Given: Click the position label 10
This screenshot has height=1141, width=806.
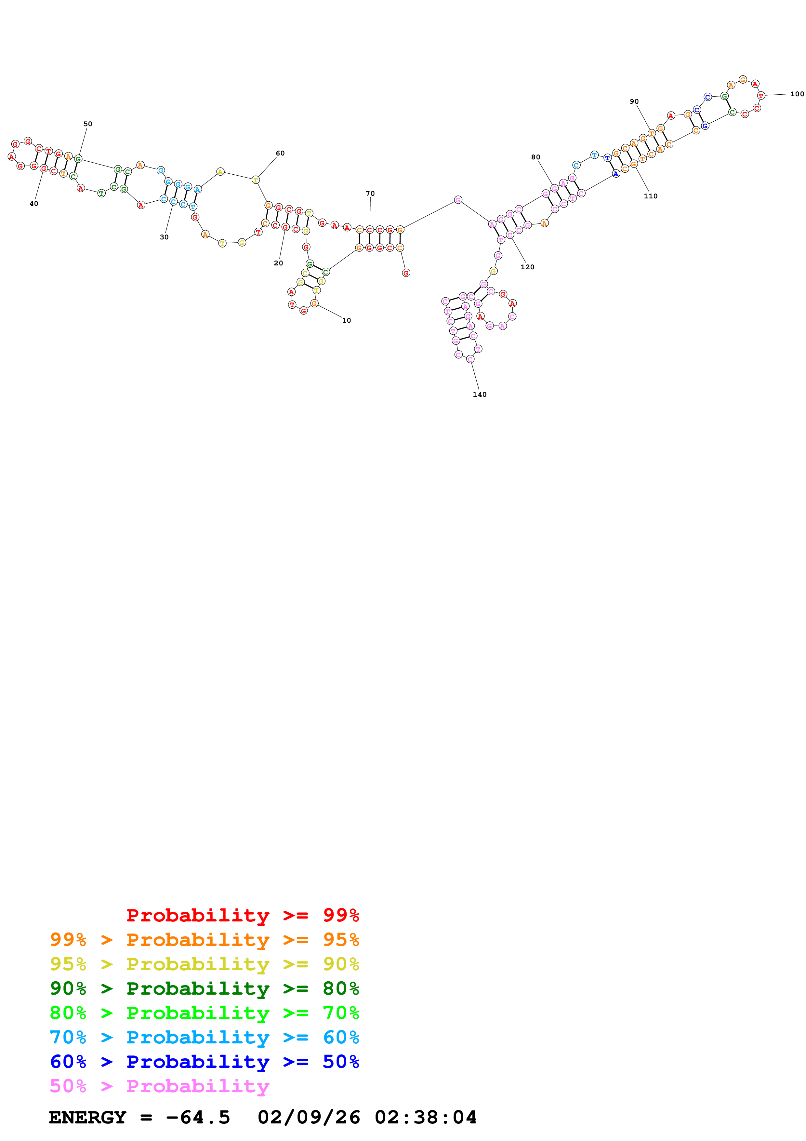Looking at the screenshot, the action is (x=346, y=320).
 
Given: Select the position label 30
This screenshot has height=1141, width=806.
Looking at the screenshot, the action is (x=164, y=237).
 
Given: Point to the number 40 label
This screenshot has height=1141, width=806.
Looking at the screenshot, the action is (x=34, y=204).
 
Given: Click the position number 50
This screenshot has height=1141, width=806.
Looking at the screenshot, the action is (x=87, y=124).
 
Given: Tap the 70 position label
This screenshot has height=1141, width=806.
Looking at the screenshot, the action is (x=370, y=194).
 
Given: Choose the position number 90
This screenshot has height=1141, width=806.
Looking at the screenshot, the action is (x=634, y=102).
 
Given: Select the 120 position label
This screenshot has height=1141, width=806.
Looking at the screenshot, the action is (x=527, y=267).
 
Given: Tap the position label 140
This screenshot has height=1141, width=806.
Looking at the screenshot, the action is (x=479, y=395).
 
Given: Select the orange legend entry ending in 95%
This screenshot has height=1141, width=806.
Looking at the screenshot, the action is (x=204, y=940).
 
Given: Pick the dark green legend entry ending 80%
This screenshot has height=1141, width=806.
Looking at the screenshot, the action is (x=204, y=988).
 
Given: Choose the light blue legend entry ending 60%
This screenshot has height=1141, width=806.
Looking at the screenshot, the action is (x=204, y=1037).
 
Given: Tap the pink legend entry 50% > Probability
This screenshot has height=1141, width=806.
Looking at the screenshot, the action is (x=159, y=1086).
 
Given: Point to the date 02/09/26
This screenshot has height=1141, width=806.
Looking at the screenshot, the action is (x=309, y=1117).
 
